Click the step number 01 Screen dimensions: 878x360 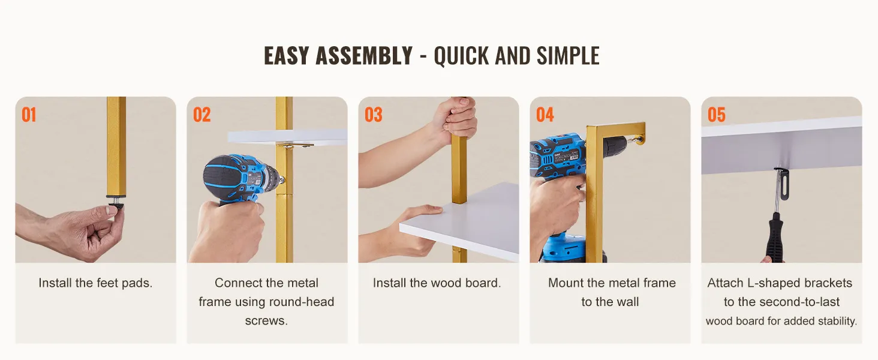click(x=29, y=115)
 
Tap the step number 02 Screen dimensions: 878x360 click(x=202, y=115)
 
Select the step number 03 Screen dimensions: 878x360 click(x=373, y=115)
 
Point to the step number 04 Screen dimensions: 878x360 click(x=545, y=115)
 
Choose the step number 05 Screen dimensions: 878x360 click(x=717, y=115)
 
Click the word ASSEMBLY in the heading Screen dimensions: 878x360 click(x=364, y=56)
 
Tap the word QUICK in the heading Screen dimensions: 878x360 click(x=461, y=56)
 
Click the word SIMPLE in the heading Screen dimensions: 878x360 click(x=568, y=56)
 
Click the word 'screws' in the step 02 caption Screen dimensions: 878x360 click(x=266, y=321)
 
